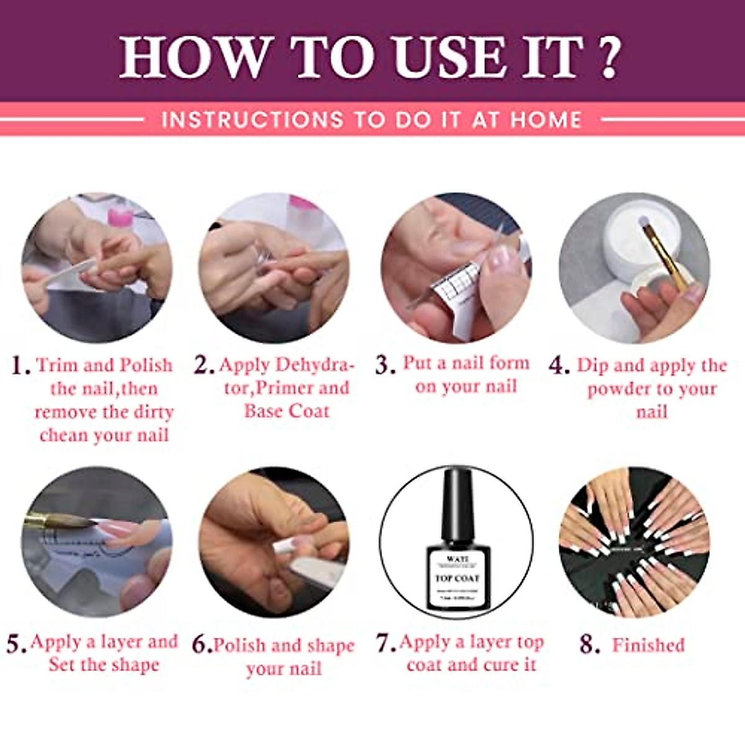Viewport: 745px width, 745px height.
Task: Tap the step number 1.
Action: pyautogui.click(x=20, y=366)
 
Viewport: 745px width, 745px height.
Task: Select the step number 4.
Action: pyautogui.click(x=559, y=366)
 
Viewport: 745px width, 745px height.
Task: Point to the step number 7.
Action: pyautogui.click(x=386, y=643)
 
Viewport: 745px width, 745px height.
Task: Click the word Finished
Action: pyautogui.click(x=648, y=645)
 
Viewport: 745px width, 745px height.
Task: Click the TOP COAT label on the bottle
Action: pyautogui.click(x=458, y=578)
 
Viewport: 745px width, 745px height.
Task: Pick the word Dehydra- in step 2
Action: pyautogui.click(x=315, y=364)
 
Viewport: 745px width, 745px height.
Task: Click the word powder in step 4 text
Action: pyautogui.click(x=618, y=389)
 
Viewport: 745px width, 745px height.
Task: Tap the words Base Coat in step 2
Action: pyautogui.click(x=286, y=411)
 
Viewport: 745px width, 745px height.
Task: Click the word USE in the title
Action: pyautogui.click(x=449, y=57)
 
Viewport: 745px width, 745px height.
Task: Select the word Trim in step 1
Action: pyautogui.click(x=57, y=364)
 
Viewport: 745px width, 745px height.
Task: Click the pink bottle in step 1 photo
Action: pyautogui.click(x=120, y=215)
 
